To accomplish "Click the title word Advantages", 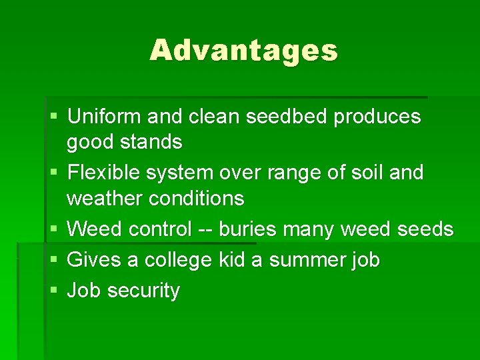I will pyautogui.click(x=243, y=50).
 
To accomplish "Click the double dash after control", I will pyautogui.click(x=205, y=230).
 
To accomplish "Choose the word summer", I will pyautogui.click(x=306, y=260).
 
